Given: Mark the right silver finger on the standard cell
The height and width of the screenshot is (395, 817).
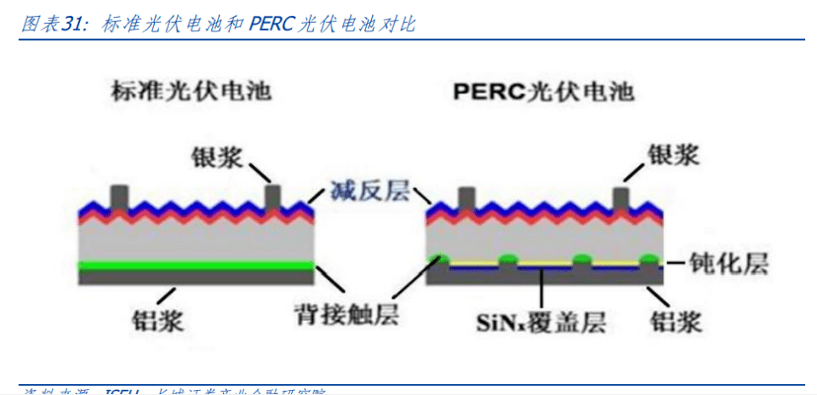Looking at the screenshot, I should click(x=272, y=195).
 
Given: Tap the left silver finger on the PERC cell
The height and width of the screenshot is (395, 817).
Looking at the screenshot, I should click(x=466, y=197).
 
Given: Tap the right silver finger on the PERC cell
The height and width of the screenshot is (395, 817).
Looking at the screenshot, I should click(x=620, y=197).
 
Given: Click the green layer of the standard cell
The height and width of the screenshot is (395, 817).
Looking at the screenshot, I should click(x=196, y=266).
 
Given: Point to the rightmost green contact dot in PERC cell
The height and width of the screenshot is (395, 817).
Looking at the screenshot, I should click(x=648, y=259).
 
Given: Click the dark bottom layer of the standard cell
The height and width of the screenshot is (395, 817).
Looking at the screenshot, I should click(x=196, y=277).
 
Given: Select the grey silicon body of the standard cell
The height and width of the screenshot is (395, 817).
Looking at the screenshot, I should click(x=196, y=243).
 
